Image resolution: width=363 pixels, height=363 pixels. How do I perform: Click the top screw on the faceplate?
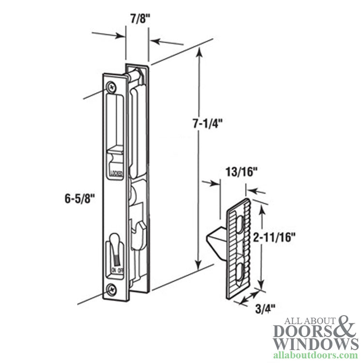112,87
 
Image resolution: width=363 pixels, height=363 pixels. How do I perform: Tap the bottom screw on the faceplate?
111,290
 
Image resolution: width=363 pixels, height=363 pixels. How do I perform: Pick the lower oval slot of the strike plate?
240,271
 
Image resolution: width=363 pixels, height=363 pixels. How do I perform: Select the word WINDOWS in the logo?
310,344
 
